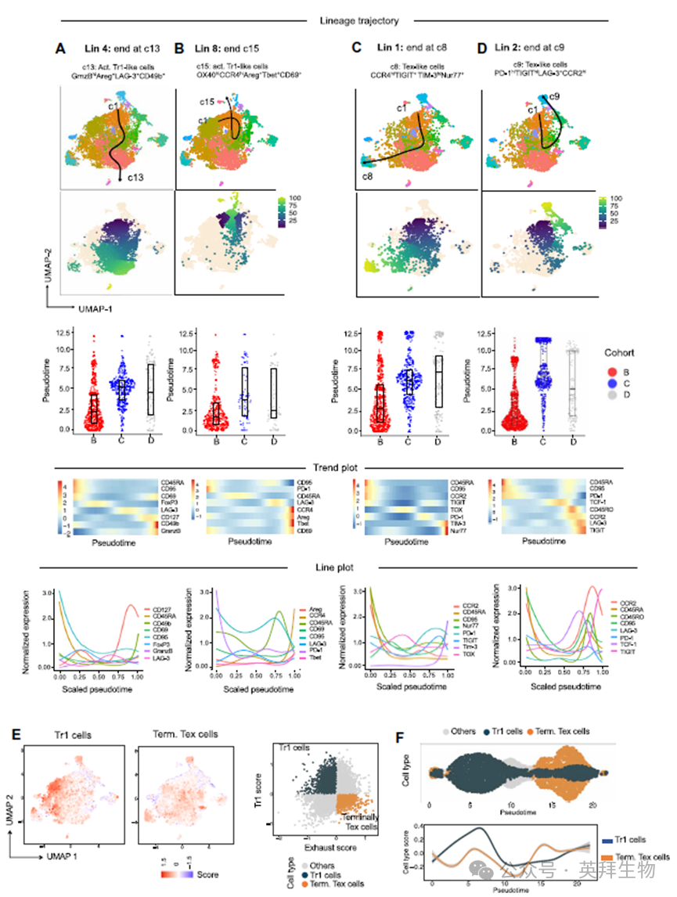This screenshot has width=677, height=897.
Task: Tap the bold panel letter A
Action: (x=59, y=49)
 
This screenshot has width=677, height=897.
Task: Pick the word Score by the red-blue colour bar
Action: (x=207, y=874)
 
